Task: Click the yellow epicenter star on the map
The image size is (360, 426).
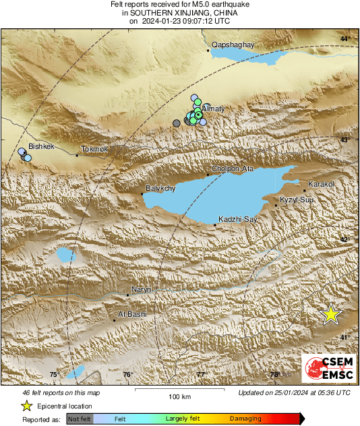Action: coord(330,314)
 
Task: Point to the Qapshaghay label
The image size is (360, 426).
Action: coord(232,44)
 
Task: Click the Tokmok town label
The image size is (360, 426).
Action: coord(94,149)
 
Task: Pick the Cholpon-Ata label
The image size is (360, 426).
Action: coord(233,169)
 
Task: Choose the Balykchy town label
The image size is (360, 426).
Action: coord(160,189)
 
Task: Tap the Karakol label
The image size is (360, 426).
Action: coord(320,184)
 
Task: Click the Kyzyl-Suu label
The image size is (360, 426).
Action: coord(297,200)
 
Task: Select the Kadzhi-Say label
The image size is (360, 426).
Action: coord(237,220)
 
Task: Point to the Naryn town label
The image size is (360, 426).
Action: coord(142,289)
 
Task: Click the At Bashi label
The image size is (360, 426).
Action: coord(132,314)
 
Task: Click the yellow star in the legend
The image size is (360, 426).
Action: coord(27,406)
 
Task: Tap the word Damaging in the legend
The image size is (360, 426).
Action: coord(245,419)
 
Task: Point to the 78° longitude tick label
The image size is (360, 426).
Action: coord(274,375)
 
